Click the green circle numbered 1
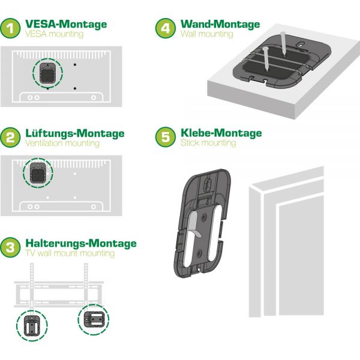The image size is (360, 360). [x=10, y=28]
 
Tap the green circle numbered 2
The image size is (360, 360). [x=10, y=137]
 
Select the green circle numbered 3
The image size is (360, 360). [x=10, y=247]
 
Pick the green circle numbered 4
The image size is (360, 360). [x=166, y=28]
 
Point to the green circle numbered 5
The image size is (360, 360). [x=166, y=137]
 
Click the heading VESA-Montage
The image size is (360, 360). [x=66, y=24]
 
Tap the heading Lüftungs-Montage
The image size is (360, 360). [x=75, y=133]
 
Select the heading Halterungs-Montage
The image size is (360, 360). [x=81, y=244]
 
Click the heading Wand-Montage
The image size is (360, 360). [x=220, y=24]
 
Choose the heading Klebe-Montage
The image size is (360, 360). [x=221, y=133]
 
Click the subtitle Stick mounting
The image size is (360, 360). [x=208, y=143]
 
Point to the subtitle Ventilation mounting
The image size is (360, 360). [x=62, y=143]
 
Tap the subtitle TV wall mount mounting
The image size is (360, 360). [x=70, y=253]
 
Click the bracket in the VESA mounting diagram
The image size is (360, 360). [x=47, y=73]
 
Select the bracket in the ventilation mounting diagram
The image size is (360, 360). [x=38, y=173]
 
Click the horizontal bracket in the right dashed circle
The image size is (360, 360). [x=94, y=319]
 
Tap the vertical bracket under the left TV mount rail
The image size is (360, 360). [x=32, y=326]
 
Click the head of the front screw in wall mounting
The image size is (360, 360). [x=265, y=49]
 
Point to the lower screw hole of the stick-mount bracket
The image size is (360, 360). [x=199, y=253]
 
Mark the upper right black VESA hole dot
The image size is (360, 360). [x=75, y=65]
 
